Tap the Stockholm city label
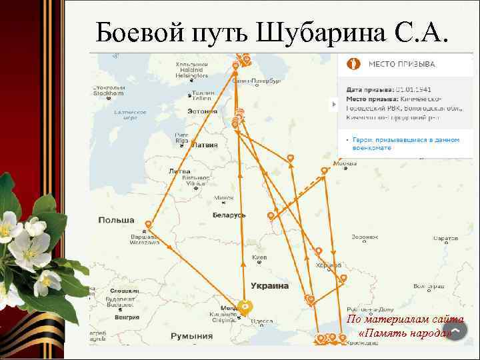108,90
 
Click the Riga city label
181,138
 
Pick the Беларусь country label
229,215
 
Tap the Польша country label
116,220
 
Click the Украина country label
269,285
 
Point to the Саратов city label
445,238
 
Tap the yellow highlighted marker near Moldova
245,307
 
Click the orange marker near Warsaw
148,225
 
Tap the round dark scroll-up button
455,331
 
